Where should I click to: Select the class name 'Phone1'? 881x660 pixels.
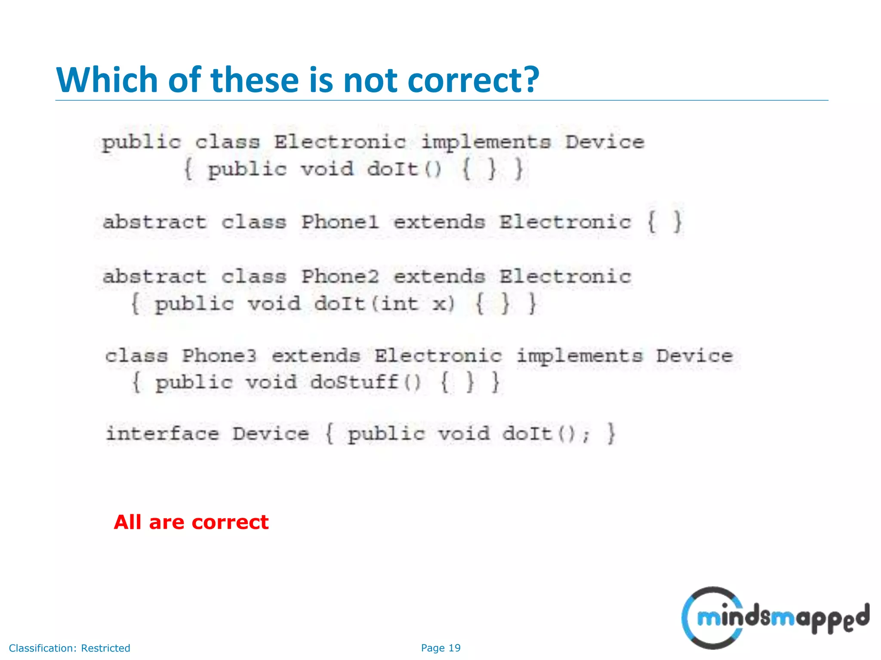(340, 222)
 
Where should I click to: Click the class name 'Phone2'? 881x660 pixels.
(340, 276)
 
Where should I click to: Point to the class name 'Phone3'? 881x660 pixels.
(219, 356)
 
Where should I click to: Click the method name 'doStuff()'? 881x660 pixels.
(365, 382)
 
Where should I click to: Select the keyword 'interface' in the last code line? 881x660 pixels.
(163, 433)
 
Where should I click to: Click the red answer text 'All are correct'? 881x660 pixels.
(191, 522)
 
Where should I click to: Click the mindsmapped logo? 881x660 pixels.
(774, 618)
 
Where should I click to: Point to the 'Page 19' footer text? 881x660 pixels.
(440, 648)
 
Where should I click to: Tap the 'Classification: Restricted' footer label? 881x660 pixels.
(69, 648)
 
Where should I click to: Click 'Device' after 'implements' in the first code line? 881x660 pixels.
(604, 142)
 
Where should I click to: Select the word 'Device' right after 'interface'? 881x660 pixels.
(271, 433)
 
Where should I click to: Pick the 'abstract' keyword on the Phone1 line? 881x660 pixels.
(154, 222)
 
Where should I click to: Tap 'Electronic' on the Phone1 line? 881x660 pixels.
(565, 222)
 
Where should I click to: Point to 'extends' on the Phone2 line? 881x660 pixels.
(439, 276)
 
